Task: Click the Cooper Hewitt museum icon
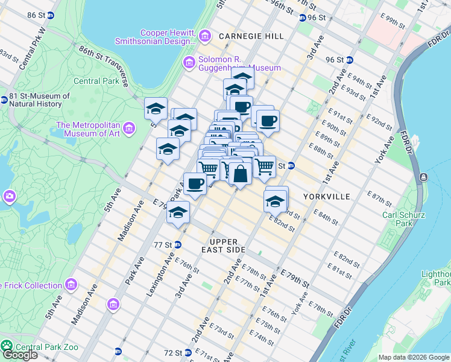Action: click(x=205, y=36)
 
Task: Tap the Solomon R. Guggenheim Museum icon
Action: click(x=189, y=62)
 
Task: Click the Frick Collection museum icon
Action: click(x=71, y=284)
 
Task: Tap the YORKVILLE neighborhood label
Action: click(x=326, y=197)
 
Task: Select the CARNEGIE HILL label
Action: click(x=251, y=36)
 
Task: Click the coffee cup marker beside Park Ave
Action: click(x=194, y=183)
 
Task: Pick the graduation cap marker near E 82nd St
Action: click(x=276, y=201)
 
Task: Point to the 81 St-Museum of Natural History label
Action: click(x=39, y=100)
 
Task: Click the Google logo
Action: click(x=19, y=355)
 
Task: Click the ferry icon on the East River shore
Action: click(x=424, y=177)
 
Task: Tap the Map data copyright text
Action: click(x=414, y=357)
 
